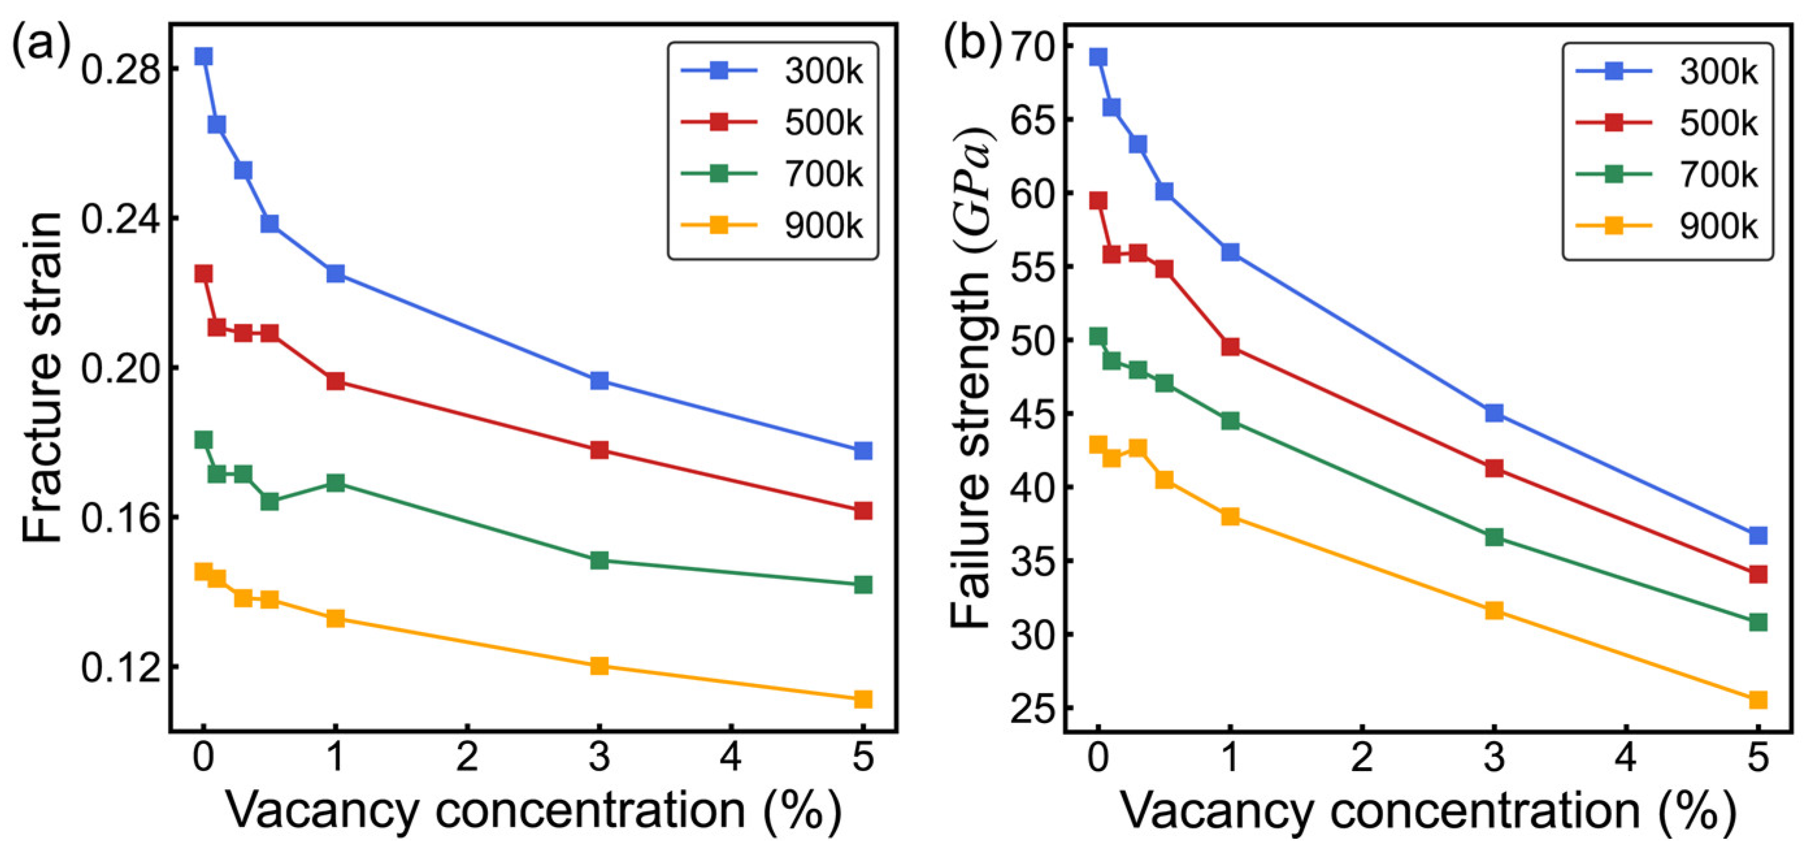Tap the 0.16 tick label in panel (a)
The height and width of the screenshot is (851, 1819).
pos(119,518)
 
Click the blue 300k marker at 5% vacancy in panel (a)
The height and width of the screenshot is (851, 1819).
pos(863,451)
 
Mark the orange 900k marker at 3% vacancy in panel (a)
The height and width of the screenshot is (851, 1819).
pos(599,665)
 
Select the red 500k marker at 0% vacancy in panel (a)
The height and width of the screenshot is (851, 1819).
pos(203,273)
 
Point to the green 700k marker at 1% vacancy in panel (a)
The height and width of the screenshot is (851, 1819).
pos(335,483)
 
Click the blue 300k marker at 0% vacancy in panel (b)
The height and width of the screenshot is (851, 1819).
pos(1098,57)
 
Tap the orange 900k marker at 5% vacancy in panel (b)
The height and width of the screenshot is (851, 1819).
pos(1757,700)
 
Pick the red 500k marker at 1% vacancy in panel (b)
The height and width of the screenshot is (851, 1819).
pos(1230,347)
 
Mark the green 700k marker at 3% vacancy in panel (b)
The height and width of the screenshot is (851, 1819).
pos(1494,537)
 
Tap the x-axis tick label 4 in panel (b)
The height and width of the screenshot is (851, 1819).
pos(1626,757)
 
